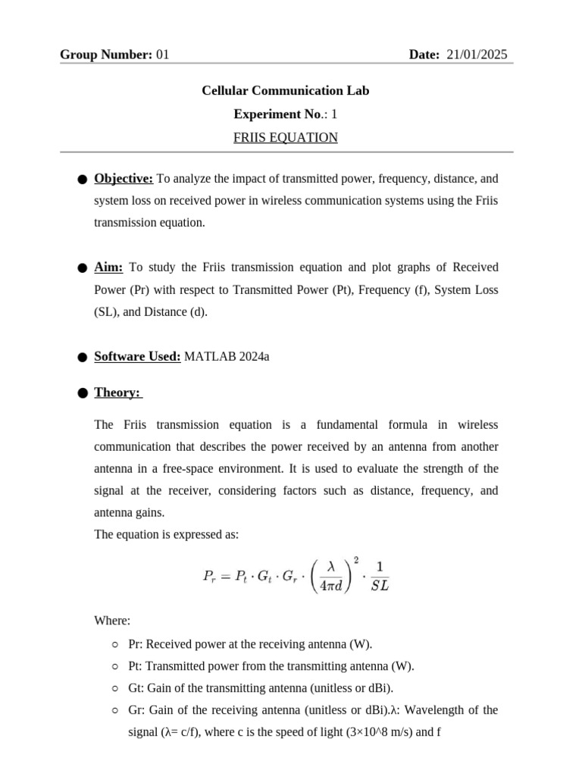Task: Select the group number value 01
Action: [x=162, y=55]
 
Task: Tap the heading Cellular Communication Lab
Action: [x=285, y=91]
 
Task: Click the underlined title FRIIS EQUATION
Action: [x=285, y=138]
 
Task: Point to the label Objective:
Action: [x=124, y=179]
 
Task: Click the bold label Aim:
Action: [x=108, y=268]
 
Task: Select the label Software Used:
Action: [x=137, y=356]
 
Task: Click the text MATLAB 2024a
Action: [x=227, y=356]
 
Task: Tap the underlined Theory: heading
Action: [x=117, y=393]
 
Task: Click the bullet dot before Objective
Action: [x=82, y=180]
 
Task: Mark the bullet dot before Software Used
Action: [x=82, y=357]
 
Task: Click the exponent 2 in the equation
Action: [x=356, y=559]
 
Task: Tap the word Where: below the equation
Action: [x=112, y=621]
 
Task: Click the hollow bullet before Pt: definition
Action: [x=114, y=667]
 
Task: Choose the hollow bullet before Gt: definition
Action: [x=114, y=689]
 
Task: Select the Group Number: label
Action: [x=106, y=55]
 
